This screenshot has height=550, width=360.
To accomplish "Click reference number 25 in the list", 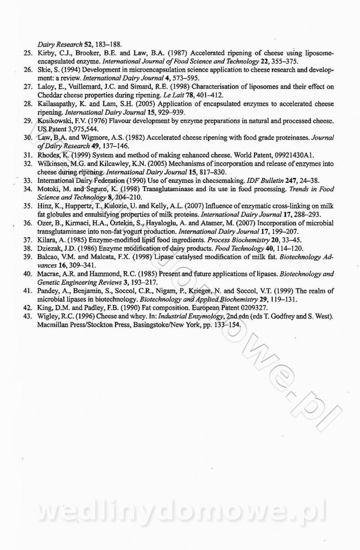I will pos(26,53).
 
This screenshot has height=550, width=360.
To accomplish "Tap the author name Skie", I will pos(44,70).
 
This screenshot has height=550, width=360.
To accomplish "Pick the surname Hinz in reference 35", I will pos(44,205).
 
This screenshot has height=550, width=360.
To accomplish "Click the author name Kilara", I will pos(46,240).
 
